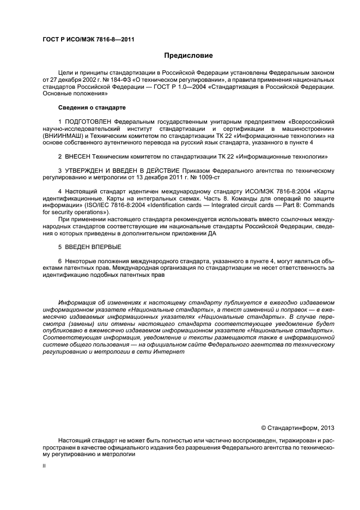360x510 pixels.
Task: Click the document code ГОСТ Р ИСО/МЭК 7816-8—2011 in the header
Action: [89, 40]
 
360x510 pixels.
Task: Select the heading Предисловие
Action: [189, 56]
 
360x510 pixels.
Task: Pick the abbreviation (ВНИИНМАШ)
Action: [60, 136]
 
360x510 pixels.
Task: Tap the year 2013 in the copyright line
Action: [325, 428]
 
